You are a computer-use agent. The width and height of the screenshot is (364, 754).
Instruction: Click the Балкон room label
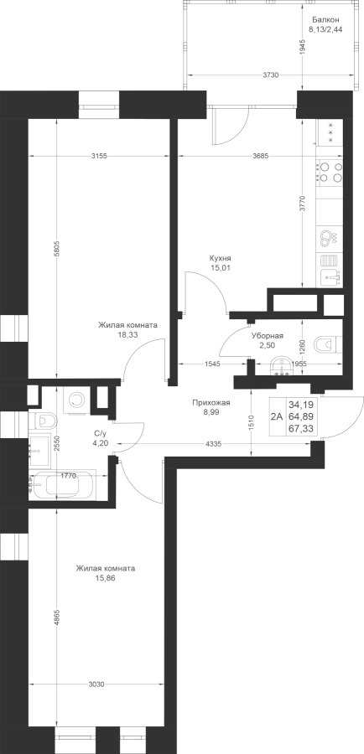pos(325,20)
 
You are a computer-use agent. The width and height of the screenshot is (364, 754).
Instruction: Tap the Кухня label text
pos(221,258)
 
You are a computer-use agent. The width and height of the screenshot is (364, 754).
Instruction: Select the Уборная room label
pos(268,336)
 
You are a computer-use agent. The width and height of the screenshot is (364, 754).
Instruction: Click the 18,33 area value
pos(127,335)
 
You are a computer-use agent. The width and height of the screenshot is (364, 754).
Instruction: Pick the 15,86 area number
pos(106,578)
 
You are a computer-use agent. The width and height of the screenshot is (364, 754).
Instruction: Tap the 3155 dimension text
pos(98,156)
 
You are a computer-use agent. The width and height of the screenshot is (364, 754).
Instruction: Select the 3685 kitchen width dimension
pos(259,156)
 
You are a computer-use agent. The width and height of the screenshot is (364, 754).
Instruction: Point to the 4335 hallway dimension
pos(213,444)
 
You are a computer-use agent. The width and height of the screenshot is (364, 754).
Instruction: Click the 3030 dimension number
pos(97,684)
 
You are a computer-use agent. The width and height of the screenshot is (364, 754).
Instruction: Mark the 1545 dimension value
pos(212,364)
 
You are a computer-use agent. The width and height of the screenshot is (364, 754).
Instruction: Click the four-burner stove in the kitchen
pos(330,172)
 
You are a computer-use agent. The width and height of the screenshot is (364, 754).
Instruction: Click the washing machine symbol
pos(76,400)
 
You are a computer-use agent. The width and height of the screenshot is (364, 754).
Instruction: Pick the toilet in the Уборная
pos(327,343)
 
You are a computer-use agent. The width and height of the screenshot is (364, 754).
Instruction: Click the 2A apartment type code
pos(277,418)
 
